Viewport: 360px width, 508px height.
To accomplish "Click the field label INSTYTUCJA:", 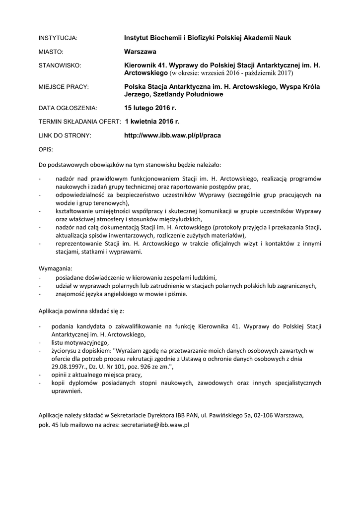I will (59, 38).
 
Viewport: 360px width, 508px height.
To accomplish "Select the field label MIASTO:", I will (52, 51).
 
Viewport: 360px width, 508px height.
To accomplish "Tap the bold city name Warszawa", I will (140, 51).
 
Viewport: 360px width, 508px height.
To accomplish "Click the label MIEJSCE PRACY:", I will (64, 87).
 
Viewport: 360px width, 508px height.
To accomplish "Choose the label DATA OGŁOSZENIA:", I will (68, 107).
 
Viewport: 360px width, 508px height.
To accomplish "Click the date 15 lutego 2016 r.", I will (150, 107).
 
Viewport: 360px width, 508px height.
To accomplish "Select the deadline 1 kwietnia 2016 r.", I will (152, 121).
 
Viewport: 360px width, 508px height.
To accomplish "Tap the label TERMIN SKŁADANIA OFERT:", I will (79, 121).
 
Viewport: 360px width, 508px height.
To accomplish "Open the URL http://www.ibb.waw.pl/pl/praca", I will (172, 135).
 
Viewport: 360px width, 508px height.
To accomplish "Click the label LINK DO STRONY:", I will (65, 135).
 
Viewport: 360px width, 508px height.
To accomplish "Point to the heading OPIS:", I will (46, 149).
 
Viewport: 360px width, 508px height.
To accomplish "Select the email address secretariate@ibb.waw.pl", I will (155, 425).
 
